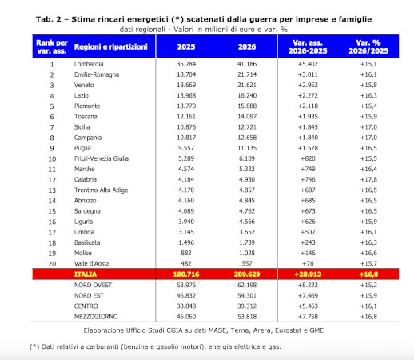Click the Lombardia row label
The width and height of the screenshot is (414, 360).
point(89,64)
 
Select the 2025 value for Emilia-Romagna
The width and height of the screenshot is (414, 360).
point(186,74)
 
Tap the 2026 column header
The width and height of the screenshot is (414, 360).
point(247,46)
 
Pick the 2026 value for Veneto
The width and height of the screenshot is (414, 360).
point(247,85)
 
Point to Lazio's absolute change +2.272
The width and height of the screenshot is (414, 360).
point(308,95)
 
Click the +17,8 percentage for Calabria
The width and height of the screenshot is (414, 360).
point(368,179)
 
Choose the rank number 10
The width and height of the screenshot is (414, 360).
point(52,159)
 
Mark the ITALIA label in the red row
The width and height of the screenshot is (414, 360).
point(86,274)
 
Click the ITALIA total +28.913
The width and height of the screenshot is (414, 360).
point(308,274)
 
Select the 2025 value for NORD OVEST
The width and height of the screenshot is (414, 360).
point(186,285)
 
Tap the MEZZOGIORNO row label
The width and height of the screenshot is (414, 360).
point(96,317)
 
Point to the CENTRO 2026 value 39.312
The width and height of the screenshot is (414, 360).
point(247,306)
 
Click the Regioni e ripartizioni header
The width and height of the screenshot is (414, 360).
point(111,46)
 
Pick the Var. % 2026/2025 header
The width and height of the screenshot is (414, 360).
point(368,46)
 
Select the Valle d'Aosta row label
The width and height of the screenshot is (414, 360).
point(92,263)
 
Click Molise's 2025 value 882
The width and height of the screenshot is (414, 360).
point(186,253)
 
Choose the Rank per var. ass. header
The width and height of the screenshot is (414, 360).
point(52,46)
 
